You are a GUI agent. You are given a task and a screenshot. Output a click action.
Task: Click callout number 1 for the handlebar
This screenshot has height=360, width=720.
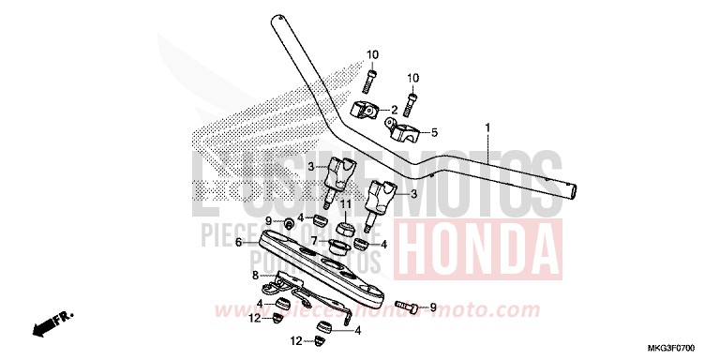pyautogui.click(x=487, y=127)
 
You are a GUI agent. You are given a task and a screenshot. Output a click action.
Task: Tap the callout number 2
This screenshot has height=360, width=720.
pyautogui.click(x=395, y=110)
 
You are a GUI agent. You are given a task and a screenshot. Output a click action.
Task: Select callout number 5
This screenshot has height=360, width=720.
pyautogui.click(x=433, y=132)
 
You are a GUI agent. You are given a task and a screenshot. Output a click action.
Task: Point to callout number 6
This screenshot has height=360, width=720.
pyautogui.click(x=239, y=242)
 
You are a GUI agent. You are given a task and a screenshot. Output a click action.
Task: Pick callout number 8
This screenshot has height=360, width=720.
pyautogui.click(x=253, y=276)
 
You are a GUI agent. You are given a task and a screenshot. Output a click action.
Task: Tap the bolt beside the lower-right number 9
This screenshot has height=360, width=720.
pyautogui.click(x=406, y=306)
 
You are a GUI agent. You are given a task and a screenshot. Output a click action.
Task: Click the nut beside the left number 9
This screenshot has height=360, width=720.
pyautogui.click(x=279, y=221)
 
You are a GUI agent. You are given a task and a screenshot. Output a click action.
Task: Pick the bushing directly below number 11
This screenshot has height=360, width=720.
pyautogui.click(x=344, y=227)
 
